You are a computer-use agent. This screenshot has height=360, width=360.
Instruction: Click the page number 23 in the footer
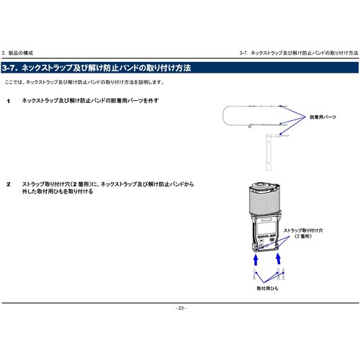pos(181,308)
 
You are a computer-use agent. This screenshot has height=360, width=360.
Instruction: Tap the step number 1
pos(9,102)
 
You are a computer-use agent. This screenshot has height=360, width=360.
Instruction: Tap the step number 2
pos(9,184)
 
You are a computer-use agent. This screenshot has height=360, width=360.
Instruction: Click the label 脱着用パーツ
pos(323,117)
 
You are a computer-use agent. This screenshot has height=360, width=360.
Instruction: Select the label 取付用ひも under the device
pos(267,288)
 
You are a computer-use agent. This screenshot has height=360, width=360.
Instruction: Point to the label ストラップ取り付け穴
pos(303,230)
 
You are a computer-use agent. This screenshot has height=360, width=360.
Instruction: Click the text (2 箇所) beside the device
pos(303,236)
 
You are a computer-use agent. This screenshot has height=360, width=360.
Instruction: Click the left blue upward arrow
pos(256,260)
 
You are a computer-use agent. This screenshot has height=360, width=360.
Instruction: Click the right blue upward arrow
pos(278,259)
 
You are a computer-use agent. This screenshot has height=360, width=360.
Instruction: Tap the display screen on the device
pos(266,228)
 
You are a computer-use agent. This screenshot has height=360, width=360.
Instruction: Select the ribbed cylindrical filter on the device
pos(264,200)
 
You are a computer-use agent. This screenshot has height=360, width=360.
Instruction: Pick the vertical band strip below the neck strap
pos(269,153)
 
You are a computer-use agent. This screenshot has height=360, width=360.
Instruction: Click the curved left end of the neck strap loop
pos(223,115)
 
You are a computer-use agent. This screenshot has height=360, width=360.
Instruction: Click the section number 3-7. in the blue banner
pos(10,68)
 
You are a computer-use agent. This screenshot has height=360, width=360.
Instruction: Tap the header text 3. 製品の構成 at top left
pos(17,53)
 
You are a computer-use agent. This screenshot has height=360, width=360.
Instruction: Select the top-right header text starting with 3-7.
pos(299,53)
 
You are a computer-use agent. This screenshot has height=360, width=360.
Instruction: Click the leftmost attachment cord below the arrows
pos(255,274)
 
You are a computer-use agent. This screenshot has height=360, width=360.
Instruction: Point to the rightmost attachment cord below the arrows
pos(284,274)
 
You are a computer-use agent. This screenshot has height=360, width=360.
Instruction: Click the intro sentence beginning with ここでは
pos(84,82)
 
